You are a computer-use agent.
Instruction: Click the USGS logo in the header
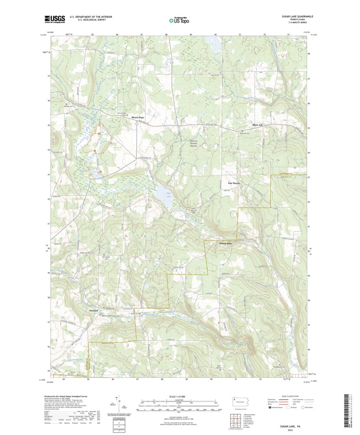click(x=55, y=19)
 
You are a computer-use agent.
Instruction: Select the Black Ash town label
click(x=258, y=125)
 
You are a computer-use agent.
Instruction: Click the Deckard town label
click(x=94, y=311)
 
